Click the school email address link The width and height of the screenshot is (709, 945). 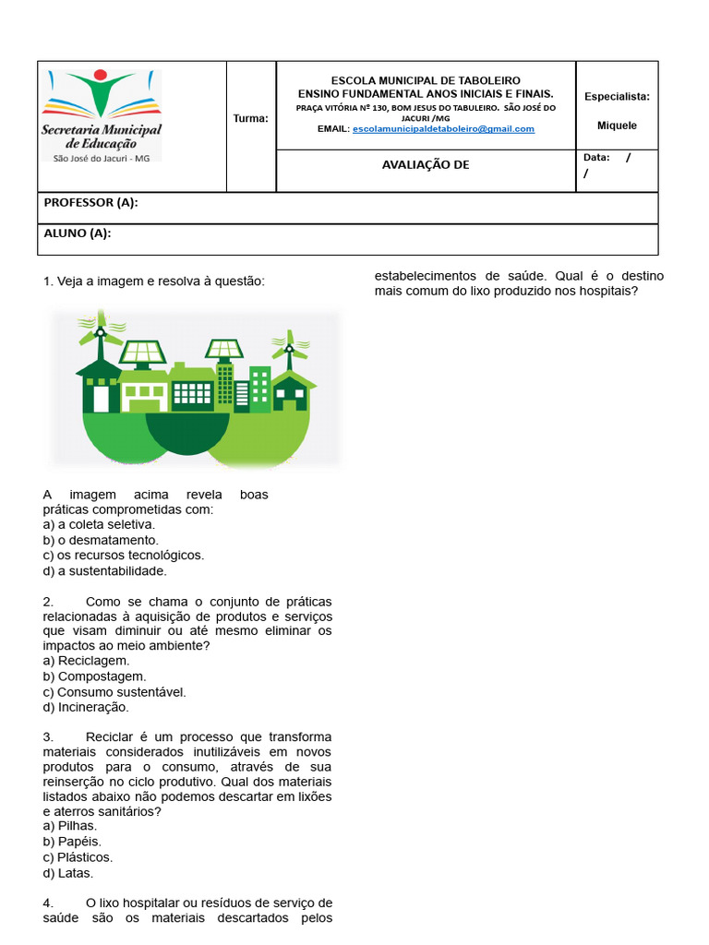pos(443,129)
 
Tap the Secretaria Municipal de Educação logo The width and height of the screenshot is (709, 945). pos(102,115)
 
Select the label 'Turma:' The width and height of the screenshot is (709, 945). pos(251,118)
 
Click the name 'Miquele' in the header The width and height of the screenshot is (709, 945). pos(617,126)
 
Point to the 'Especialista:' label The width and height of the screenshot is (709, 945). pos(617,96)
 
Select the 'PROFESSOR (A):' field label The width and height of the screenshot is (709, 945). pos(90,203)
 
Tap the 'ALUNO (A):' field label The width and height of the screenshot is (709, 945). pos(78,233)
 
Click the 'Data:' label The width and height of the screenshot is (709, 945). pos(596,158)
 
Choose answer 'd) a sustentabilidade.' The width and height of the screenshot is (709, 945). pos(104,570)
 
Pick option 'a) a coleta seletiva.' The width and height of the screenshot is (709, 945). pos(99,524)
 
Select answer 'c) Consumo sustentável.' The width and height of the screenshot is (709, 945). pos(114,692)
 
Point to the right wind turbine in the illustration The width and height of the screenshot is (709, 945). pos(289,348)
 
